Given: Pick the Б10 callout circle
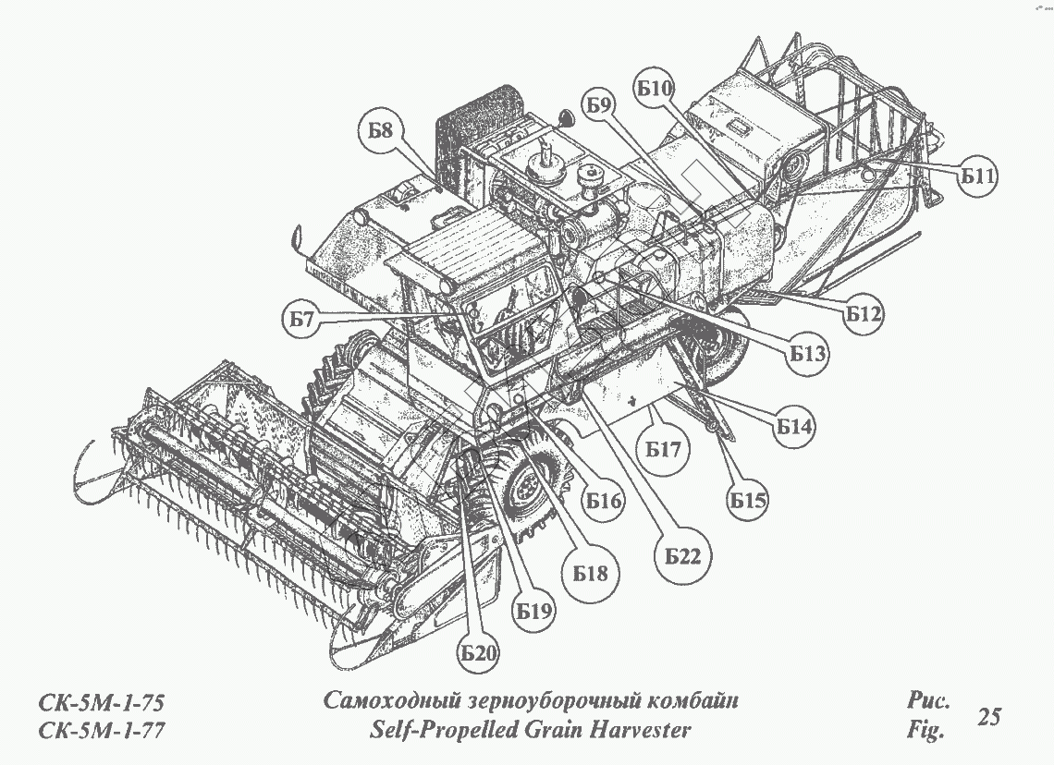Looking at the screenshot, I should (655, 89).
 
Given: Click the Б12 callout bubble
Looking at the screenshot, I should (863, 313).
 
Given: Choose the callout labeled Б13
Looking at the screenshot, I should (807, 352).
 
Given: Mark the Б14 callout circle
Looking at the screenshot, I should (794, 427).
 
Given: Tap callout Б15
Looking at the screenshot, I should (748, 501).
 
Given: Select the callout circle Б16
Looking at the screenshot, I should (603, 503).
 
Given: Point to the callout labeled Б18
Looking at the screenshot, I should (590, 574).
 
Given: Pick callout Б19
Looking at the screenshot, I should (534, 611).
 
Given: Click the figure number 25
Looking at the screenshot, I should (988, 716).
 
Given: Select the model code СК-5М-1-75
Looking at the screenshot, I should (102, 701).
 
